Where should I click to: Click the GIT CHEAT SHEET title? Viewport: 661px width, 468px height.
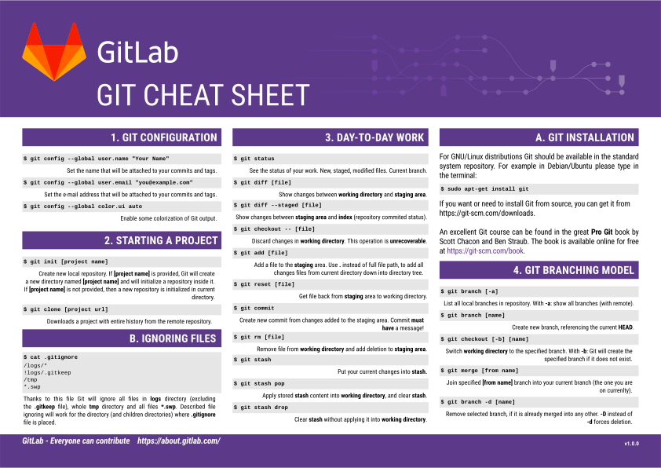coord(203,95)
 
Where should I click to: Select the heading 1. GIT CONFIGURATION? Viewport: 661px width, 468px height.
coord(163,137)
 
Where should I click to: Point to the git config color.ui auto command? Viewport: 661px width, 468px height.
coord(86,207)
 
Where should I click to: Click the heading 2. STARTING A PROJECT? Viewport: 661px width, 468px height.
coord(160,240)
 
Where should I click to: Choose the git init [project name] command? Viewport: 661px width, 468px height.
coord(69,261)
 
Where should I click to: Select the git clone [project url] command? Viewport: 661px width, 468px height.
coord(69,309)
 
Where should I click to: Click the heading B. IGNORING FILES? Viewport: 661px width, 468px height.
coord(172,338)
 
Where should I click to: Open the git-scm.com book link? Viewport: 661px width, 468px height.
coord(484,251)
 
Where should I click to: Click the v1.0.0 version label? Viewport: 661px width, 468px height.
coord(631,444)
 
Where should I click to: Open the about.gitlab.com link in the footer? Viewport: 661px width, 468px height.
coord(178,441)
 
